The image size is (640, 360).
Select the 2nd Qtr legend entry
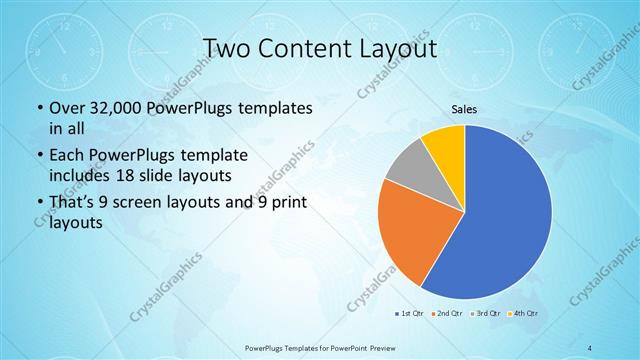446,314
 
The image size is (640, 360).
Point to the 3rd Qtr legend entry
484,314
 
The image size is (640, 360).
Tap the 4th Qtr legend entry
522,314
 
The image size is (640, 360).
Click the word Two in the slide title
227,47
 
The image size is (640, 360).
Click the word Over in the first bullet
67,108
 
